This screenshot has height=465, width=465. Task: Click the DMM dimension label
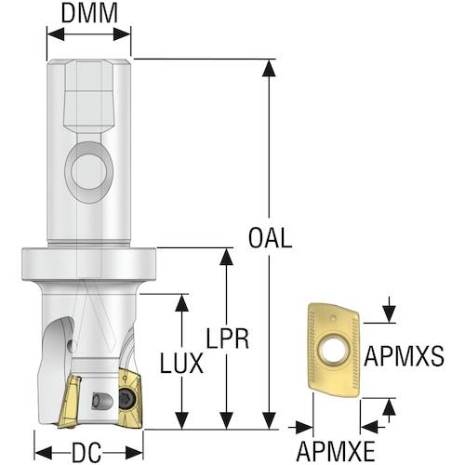pyautogui.click(x=89, y=13)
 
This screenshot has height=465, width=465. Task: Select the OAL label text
pyautogui.click(x=270, y=238)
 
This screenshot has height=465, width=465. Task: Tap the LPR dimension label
pyautogui.click(x=228, y=339)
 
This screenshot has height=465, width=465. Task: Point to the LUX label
pyautogui.click(x=181, y=363)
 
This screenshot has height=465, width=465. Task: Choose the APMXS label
pyautogui.click(x=404, y=356)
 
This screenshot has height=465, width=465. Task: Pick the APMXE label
pyautogui.click(x=336, y=452)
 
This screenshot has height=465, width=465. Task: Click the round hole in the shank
pyautogui.click(x=89, y=171)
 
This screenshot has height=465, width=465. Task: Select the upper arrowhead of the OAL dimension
pyautogui.click(x=269, y=68)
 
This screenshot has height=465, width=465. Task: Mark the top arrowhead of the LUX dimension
pyautogui.click(x=181, y=302)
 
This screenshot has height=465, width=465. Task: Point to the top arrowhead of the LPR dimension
pyautogui.click(x=226, y=257)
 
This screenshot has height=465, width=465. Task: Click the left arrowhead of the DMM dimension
pyautogui.click(x=56, y=33)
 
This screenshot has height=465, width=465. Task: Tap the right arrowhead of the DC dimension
pyautogui.click(x=134, y=452)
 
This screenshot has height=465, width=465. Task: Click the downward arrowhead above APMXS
pyautogui.click(x=389, y=314)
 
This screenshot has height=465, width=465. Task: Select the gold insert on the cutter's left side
pyautogui.click(x=69, y=401)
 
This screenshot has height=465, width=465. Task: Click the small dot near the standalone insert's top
pyautogui.click(x=333, y=318)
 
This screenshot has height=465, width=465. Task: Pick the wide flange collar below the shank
pyautogui.click(x=88, y=263)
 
